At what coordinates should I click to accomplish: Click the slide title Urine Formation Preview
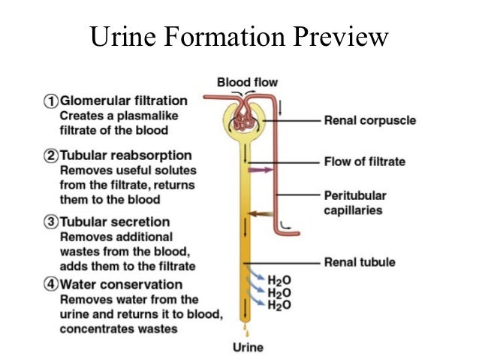coord(239,36)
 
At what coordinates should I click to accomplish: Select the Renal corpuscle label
coord(369,120)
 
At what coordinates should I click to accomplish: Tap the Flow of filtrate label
coord(364,161)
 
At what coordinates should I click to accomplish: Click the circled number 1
coord(53,101)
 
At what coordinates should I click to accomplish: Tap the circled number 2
coord(53,156)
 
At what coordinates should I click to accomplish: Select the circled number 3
coord(53,222)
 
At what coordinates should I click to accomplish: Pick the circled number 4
coord(53,285)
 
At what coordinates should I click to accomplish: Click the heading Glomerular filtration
coord(123,101)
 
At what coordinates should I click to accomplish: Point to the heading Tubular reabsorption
coord(125,156)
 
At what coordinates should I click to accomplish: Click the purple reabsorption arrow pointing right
coord(261,171)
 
